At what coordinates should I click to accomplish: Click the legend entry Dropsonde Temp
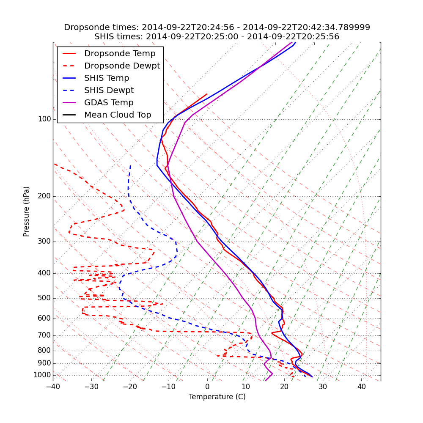pyautogui.click(x=120, y=54)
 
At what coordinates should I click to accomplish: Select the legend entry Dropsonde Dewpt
pyautogui.click(x=122, y=66)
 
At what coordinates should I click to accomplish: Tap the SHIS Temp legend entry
pyautogui.click(x=107, y=78)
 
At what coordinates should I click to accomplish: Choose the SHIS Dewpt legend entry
pyautogui.click(x=109, y=91)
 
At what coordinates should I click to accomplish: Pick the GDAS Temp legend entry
pyautogui.click(x=109, y=103)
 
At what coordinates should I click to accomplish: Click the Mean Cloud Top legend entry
pyautogui.click(x=118, y=115)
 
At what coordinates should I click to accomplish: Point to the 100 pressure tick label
pyautogui.click(x=44, y=119)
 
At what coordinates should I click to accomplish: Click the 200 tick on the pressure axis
pyautogui.click(x=44, y=196)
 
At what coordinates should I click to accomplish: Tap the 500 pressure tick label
pyautogui.click(x=44, y=298)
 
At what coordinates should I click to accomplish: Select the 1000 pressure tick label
pyautogui.click(x=43, y=375)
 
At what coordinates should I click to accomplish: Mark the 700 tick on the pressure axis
pyautogui.click(x=44, y=335)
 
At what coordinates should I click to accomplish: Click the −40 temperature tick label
pyautogui.click(x=53, y=387)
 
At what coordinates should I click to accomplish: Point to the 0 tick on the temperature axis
pyautogui.click(x=207, y=387)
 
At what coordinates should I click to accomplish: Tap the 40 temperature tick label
pyautogui.click(x=361, y=387)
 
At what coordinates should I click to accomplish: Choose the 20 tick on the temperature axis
pyautogui.click(x=284, y=387)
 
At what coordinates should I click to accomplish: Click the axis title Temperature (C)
pyautogui.click(x=217, y=397)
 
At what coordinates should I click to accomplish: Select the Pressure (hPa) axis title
pyautogui.click(x=27, y=211)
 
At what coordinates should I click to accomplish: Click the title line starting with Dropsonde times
pyautogui.click(x=217, y=27)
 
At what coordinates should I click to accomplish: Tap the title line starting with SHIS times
pyautogui.click(x=217, y=37)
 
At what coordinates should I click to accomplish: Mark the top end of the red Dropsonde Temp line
pyautogui.click(x=207, y=94)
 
